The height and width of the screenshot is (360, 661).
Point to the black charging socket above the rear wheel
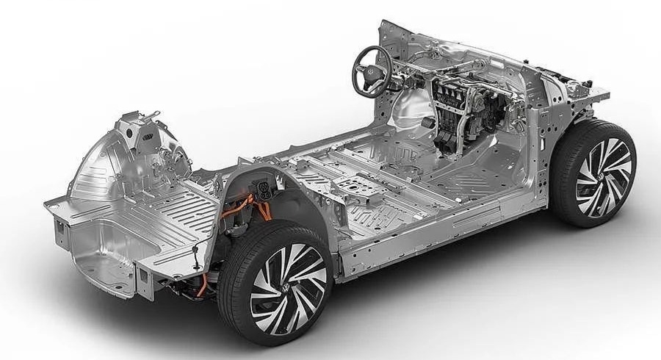pyautogui.click(x=261, y=190)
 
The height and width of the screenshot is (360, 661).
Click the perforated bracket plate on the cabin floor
pyautogui.click(x=355, y=187)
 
